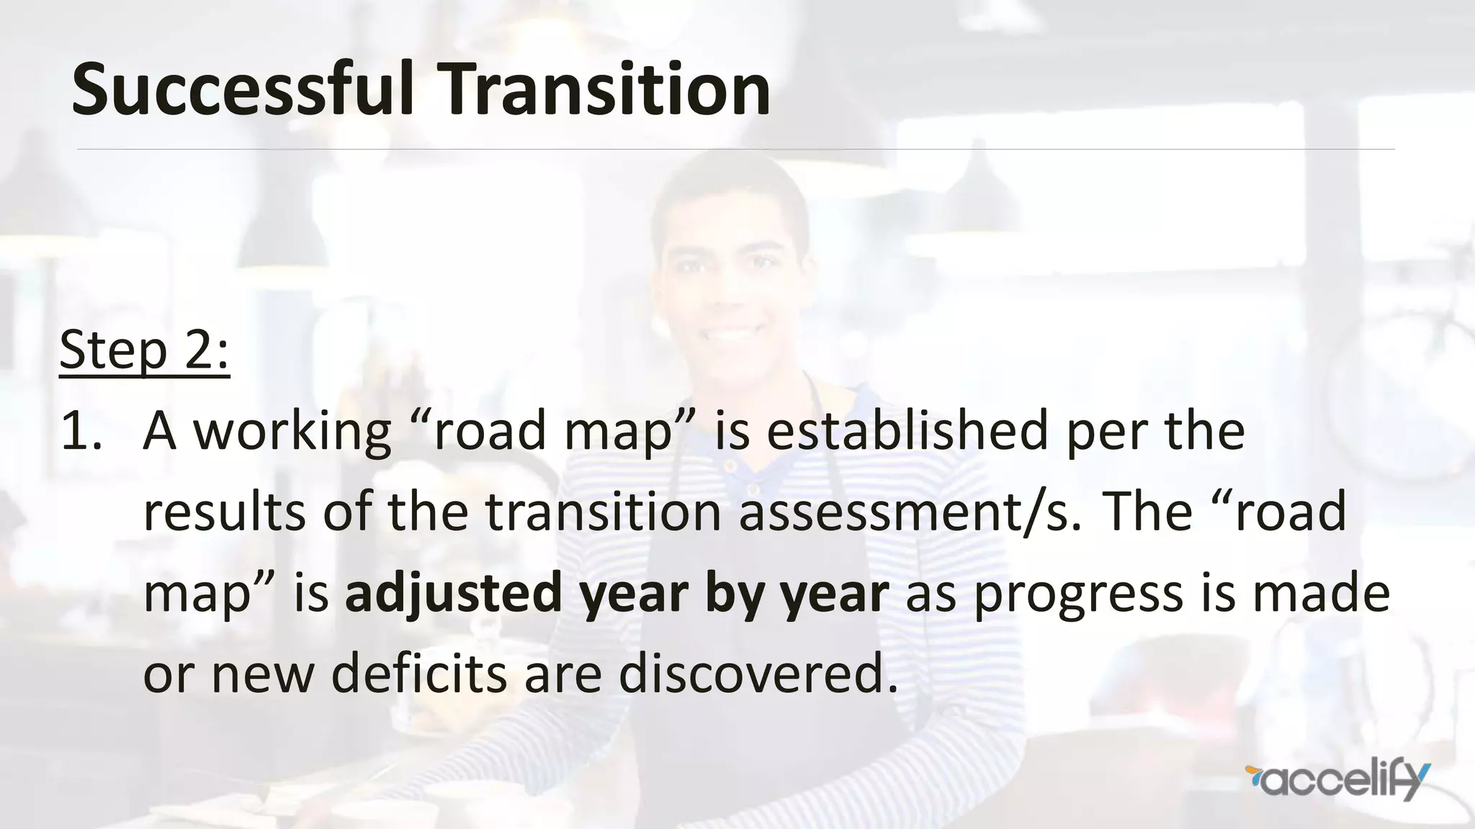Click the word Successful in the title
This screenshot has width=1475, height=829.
[243, 89]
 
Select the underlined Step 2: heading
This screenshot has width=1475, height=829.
[144, 350]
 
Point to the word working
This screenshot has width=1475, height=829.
[294, 432]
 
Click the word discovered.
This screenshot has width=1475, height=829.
[758, 674]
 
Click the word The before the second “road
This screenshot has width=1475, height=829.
[1148, 512]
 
